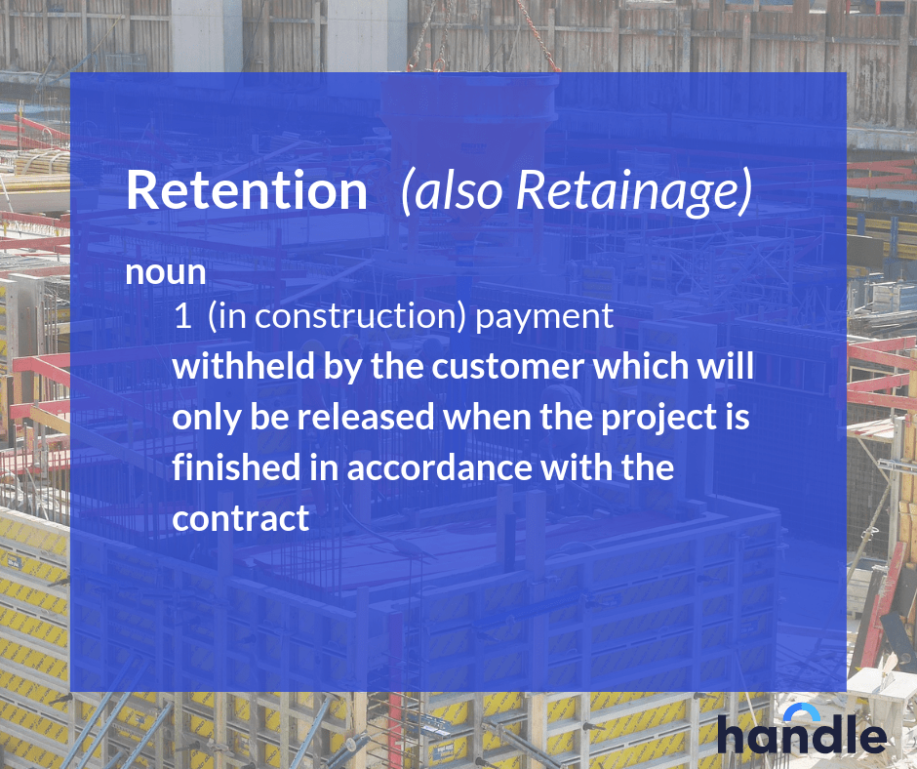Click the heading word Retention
click(246, 191)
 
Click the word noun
click(165, 272)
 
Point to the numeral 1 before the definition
click(181, 316)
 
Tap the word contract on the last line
click(240, 518)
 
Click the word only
click(203, 419)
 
